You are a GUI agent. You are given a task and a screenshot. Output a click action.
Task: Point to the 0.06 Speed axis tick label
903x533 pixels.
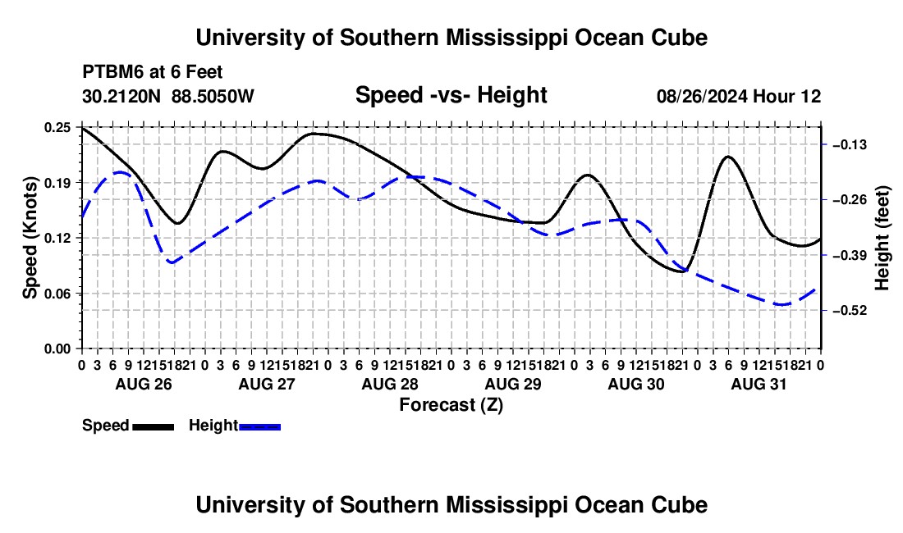coord(57,294)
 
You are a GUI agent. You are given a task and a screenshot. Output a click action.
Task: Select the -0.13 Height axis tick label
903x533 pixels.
coord(850,145)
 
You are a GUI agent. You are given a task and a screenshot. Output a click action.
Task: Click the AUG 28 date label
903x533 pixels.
coord(390,384)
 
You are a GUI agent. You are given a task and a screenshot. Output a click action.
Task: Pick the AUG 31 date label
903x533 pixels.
coord(759,384)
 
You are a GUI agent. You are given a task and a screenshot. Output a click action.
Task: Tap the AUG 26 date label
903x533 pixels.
coord(144,384)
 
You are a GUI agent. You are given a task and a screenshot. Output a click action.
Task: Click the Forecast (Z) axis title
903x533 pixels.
coord(451,405)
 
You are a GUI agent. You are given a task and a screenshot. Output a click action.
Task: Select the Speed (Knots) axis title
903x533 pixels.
coord(30,238)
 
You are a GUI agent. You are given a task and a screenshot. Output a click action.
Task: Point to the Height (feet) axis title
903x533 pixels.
coord(882,238)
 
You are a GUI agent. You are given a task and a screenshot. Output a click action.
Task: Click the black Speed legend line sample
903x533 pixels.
coord(154,427)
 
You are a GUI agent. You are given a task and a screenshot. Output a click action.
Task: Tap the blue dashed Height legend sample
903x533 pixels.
coord(259,427)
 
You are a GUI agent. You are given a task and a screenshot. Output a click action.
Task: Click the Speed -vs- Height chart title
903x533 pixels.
coord(451,95)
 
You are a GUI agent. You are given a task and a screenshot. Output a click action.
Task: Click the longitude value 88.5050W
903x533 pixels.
coord(213,96)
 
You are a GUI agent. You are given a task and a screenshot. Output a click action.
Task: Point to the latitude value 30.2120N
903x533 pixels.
coord(121,96)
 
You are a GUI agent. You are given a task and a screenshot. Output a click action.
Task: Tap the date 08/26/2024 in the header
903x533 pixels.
coord(702,96)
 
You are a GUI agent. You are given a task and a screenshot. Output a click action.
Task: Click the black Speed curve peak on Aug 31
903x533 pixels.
coord(728,157)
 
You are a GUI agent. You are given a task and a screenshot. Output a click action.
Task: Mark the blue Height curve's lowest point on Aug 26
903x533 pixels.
coord(171,262)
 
